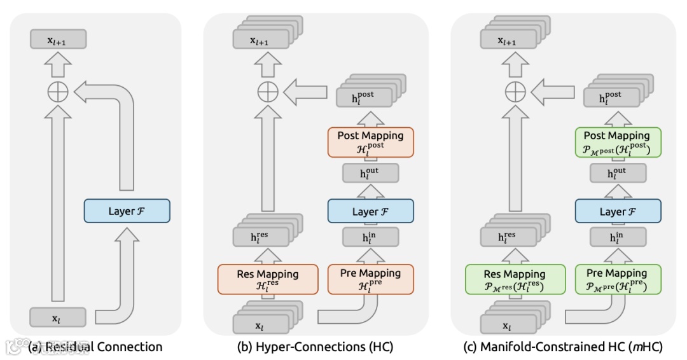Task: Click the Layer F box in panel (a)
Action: pos(127,211)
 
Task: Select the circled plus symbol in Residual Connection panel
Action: pos(58,93)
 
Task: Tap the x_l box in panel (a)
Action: pos(58,317)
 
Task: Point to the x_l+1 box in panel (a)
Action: pos(58,40)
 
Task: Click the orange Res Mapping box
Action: pos(267,279)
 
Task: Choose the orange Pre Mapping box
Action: pos(370,279)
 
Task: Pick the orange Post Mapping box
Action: pos(370,141)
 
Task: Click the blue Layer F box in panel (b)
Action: pos(370,211)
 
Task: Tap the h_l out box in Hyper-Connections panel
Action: pos(370,174)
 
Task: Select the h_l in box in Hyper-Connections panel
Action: pos(370,237)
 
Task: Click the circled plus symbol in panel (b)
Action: pos(268,93)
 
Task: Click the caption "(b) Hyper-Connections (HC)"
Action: pos(315,347)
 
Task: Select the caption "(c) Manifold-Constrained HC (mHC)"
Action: pos(562,347)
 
